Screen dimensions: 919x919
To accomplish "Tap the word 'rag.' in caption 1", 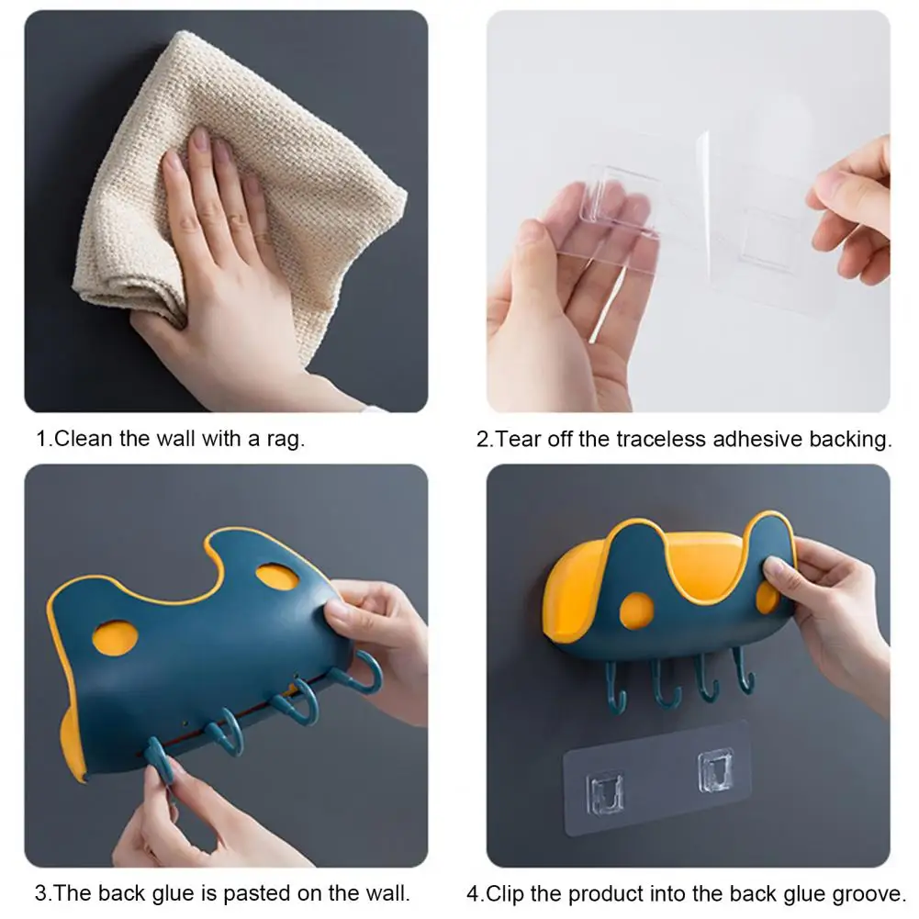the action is [286, 439].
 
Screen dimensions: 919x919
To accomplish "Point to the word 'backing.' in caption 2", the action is [850, 439].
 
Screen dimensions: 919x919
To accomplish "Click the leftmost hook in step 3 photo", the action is [157, 759].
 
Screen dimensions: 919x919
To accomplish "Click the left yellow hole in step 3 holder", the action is [115, 637].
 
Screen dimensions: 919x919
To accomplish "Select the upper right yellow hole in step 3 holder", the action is [277, 577].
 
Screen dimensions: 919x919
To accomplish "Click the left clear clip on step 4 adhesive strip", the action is [605, 792].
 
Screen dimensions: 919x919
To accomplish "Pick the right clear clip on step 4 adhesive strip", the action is [715, 770].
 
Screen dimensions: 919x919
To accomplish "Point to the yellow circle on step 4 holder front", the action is [637, 611].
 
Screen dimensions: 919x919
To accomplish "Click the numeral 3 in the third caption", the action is [40, 893].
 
